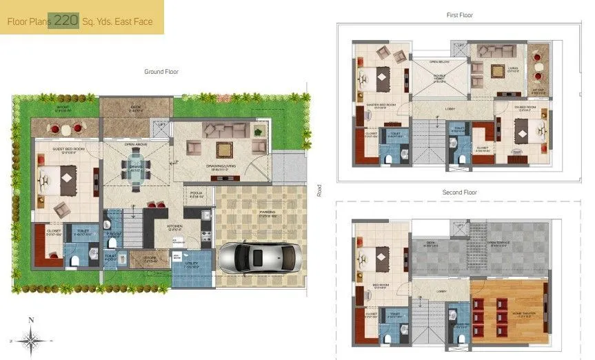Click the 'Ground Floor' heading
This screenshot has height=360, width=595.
point(161,72)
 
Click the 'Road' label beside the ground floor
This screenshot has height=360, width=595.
point(319,190)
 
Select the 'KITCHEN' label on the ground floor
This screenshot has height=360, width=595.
point(174,226)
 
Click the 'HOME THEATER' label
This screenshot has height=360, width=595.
point(510,315)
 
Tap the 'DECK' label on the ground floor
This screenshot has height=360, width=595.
point(135,107)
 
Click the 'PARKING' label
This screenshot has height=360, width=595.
point(267,212)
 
